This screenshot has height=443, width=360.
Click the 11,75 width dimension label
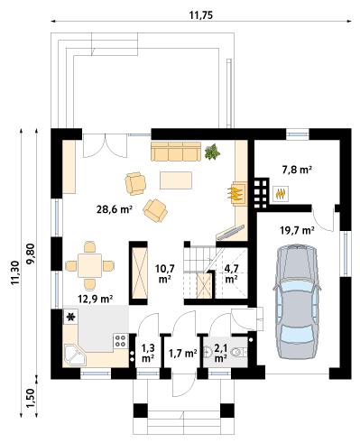pyautogui.click(x=201, y=15)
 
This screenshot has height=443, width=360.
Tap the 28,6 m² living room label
pyautogui.click(x=115, y=209)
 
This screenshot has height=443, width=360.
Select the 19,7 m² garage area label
pyautogui.click(x=297, y=230)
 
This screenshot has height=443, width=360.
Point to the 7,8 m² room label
pyautogui.click(x=297, y=170)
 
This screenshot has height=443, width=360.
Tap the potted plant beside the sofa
pyautogui.click(x=212, y=152)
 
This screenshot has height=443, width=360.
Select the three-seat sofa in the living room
pyautogui.click(x=176, y=152)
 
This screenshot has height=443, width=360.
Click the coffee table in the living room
pyautogui.click(x=176, y=180)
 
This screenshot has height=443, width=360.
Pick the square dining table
pyautogui.click(x=89, y=265)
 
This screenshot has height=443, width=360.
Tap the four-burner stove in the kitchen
pyautogui.click(x=121, y=341)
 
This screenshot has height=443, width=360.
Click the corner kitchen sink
pyautogui.click(x=75, y=355)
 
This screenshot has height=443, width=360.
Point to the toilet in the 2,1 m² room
pyautogui.click(x=240, y=352)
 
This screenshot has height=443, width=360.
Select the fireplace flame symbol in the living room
pyautogui.click(x=235, y=194)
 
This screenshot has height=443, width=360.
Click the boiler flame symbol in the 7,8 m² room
pyautogui.click(x=281, y=194)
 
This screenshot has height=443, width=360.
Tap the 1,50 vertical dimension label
pyautogui.click(x=31, y=398)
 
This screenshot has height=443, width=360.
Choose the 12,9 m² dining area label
pyautogui.click(x=96, y=299)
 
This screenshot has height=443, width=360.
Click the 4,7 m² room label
pyautogui.click(x=232, y=273)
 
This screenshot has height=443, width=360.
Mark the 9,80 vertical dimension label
pyautogui.click(x=31, y=254)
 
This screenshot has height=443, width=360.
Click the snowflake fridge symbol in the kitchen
pyautogui.click(x=71, y=317)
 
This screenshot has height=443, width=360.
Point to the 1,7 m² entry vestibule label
pyautogui.click(x=183, y=353)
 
